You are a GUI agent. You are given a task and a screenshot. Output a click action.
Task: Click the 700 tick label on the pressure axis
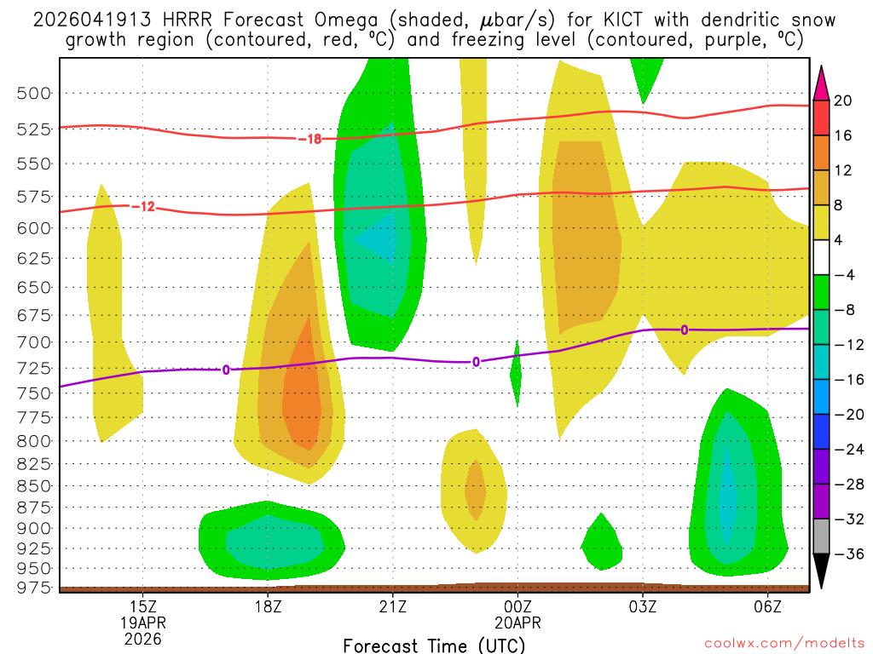35,341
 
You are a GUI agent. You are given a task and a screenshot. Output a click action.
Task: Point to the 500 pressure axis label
35,93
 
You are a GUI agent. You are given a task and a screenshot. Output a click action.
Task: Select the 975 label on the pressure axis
35,587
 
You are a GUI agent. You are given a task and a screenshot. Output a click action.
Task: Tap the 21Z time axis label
392,607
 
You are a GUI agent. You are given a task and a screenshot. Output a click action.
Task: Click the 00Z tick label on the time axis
517,607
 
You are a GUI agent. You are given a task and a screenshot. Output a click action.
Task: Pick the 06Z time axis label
768,607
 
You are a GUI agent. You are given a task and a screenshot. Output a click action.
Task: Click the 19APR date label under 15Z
142,622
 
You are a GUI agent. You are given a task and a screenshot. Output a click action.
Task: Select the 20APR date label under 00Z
517,622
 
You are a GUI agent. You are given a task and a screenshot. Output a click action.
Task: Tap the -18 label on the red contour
309,139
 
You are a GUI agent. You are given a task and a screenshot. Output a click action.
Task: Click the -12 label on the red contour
143,206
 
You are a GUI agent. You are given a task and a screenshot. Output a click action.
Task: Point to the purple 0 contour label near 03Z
684,330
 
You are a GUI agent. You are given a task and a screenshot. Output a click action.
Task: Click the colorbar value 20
844,100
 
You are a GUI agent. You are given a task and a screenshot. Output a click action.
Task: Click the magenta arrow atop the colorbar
822,83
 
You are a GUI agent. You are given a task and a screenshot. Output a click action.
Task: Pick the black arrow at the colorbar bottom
822,571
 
